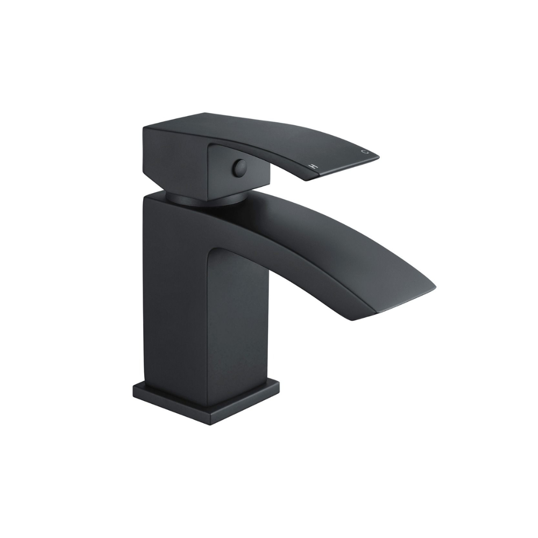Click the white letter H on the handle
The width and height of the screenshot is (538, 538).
pos(313,166)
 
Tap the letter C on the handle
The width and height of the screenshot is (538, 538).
pos(364,151)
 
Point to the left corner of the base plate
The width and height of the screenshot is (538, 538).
pos(133,388)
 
